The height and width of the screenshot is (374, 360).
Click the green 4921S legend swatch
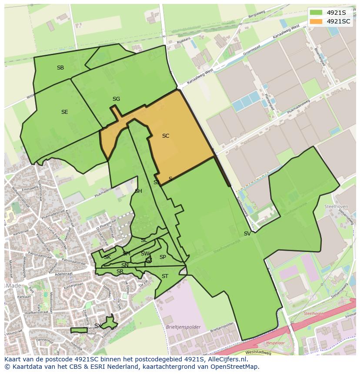click(316, 13)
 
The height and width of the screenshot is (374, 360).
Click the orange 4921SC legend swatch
click(316, 21)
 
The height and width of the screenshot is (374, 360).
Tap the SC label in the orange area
click(165, 136)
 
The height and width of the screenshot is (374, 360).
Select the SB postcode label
click(60, 68)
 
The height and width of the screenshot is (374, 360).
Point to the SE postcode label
click(64, 112)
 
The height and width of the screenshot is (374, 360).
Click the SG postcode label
click(116, 99)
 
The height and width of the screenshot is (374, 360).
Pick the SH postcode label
click(138, 191)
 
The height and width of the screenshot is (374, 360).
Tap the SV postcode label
click(247, 234)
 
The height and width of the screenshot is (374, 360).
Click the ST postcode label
click(165, 276)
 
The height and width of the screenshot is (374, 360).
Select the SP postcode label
click(163, 257)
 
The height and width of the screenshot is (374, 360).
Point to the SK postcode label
click(107, 257)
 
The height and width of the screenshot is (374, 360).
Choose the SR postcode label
click(120, 272)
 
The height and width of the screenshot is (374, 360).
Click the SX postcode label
click(98, 326)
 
